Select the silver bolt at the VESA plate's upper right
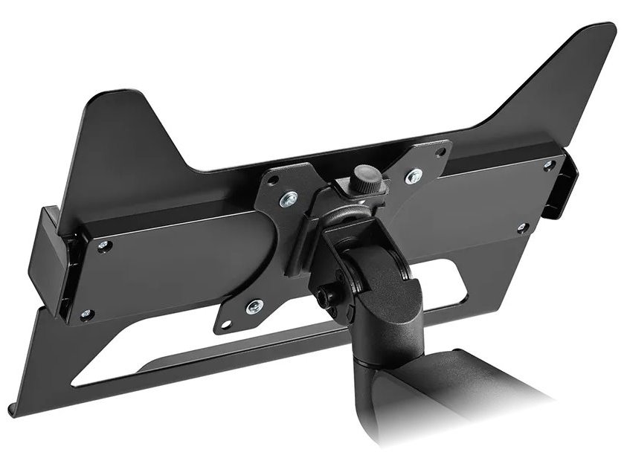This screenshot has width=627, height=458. [x=411, y=177]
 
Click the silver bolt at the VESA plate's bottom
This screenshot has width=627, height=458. [x=255, y=304]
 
